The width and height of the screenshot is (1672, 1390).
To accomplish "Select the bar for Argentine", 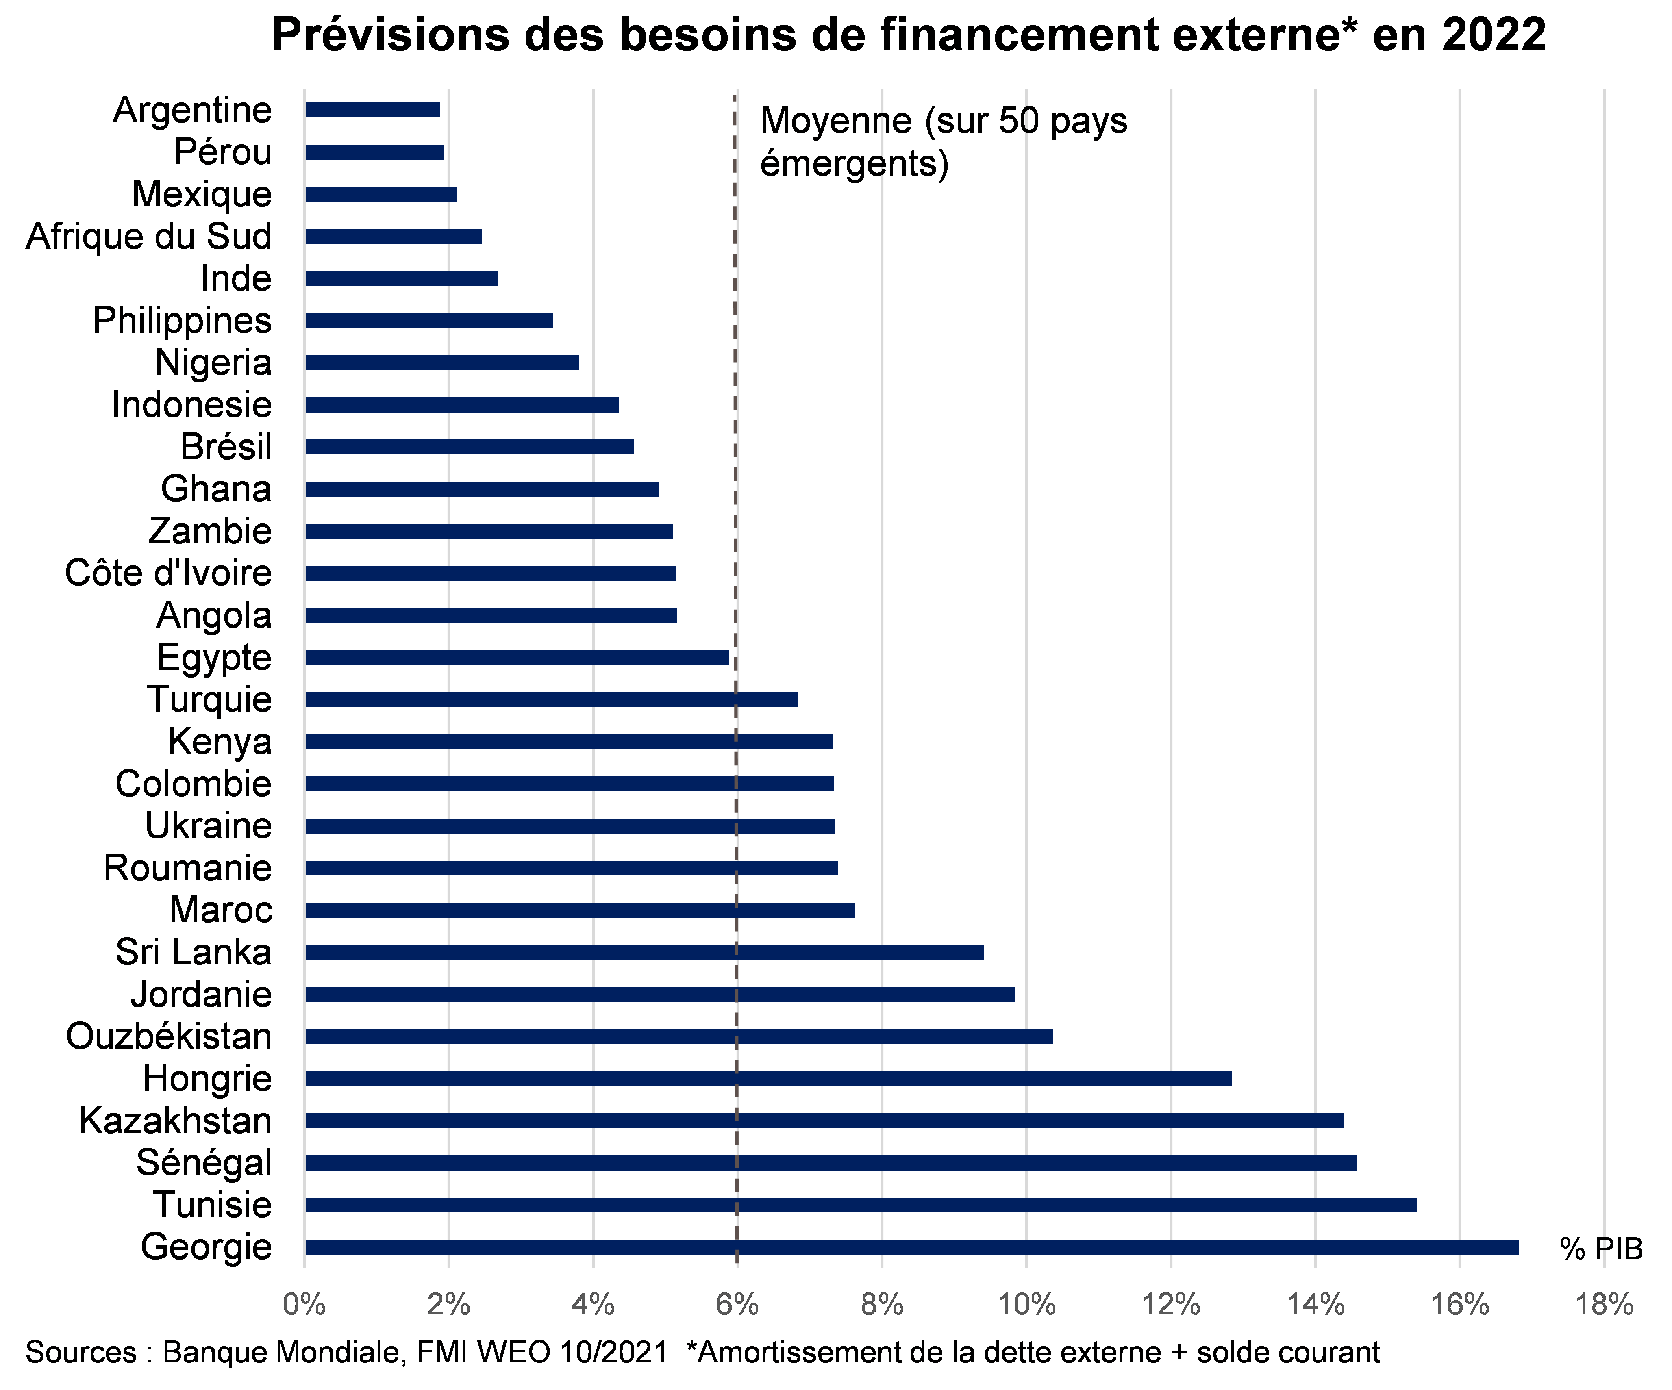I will coord(373,110).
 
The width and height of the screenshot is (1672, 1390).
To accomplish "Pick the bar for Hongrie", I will coord(768,1079).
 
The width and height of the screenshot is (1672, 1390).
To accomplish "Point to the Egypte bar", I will coord(517,658).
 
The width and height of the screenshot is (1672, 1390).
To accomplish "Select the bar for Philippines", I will coord(429,321).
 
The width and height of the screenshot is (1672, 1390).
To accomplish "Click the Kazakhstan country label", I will coord(175,1121).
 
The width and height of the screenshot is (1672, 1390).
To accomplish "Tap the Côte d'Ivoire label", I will coord(168,573).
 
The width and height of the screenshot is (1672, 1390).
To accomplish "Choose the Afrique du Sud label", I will coord(149,237).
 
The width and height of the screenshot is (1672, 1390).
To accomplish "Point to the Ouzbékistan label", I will coord(169,1036).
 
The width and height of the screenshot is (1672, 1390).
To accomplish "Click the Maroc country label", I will coord(221,910).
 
